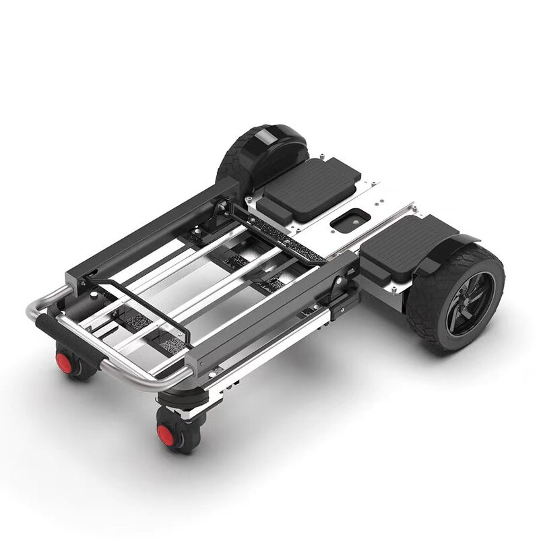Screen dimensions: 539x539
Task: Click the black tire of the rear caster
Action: coord(81,367)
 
